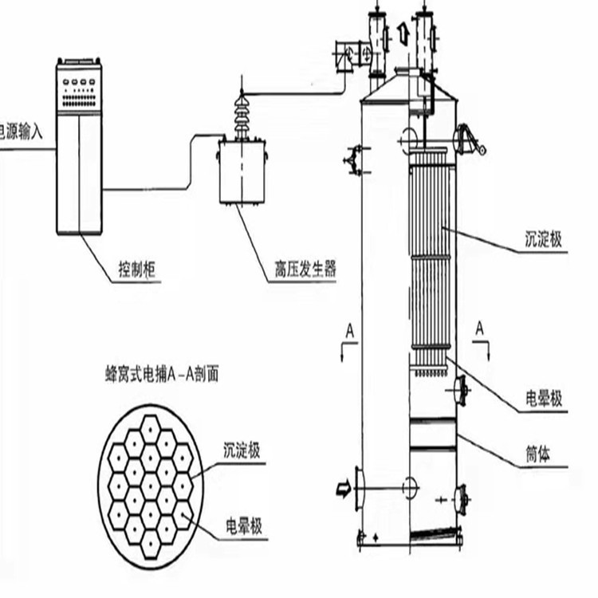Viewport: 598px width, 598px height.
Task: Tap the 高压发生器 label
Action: [x=300, y=271]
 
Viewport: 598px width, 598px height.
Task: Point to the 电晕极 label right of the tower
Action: [x=544, y=399]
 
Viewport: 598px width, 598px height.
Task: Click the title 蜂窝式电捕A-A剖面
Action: [x=162, y=372]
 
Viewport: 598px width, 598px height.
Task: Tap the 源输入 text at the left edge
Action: [x=24, y=130]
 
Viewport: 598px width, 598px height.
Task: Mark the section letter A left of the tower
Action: [x=349, y=329]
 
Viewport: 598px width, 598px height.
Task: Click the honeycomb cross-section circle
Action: [x=151, y=487]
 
